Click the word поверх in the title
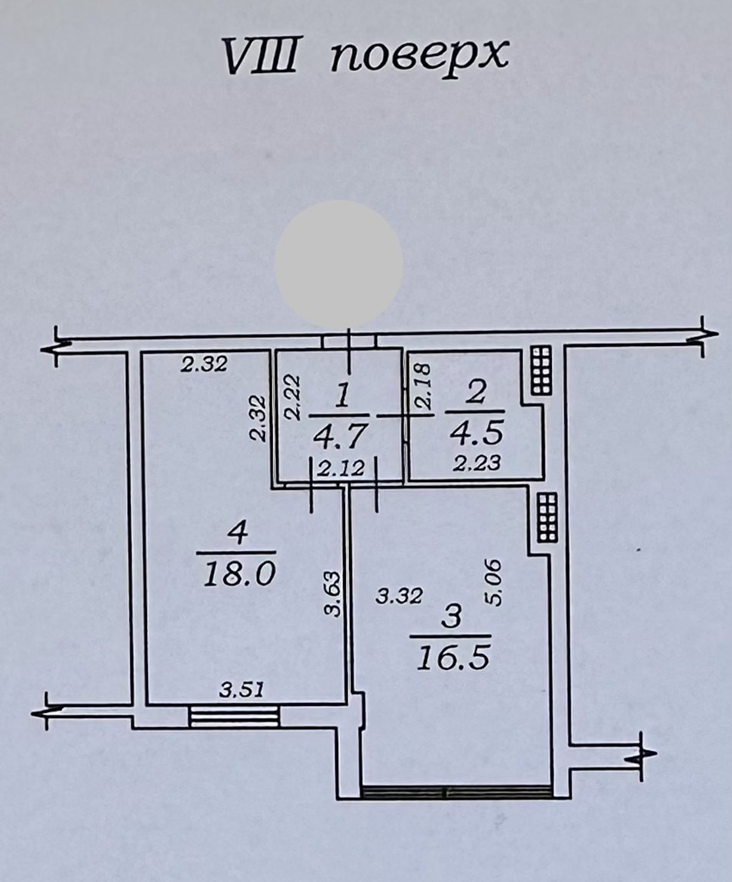[419, 55]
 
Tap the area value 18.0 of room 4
[239, 576]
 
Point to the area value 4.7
[340, 438]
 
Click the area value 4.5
[476, 433]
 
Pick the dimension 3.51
[242, 689]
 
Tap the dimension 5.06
[494, 583]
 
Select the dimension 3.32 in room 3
[399, 596]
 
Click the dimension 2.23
[477, 463]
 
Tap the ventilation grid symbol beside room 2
[542, 370]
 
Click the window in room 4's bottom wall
[234, 717]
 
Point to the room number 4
[239, 534]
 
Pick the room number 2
[476, 392]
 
